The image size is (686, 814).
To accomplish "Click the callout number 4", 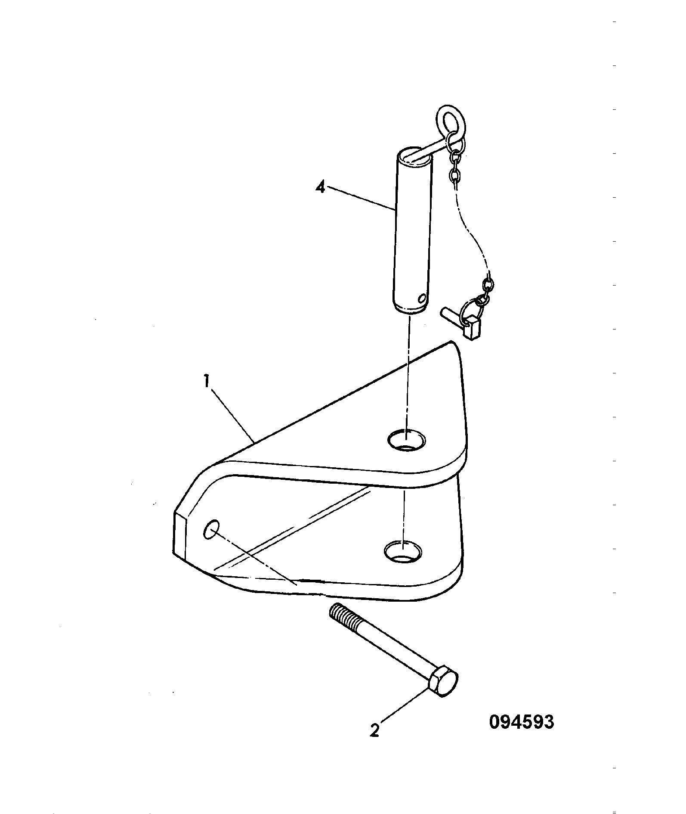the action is point(320,188).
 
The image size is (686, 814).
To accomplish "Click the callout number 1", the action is point(207,382).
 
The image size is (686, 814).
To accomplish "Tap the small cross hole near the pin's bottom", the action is point(422,298).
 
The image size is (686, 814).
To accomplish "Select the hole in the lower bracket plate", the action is point(402,551).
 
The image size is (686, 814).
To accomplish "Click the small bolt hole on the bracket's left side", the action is point(211,529).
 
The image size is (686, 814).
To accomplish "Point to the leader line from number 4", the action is point(361,198).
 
